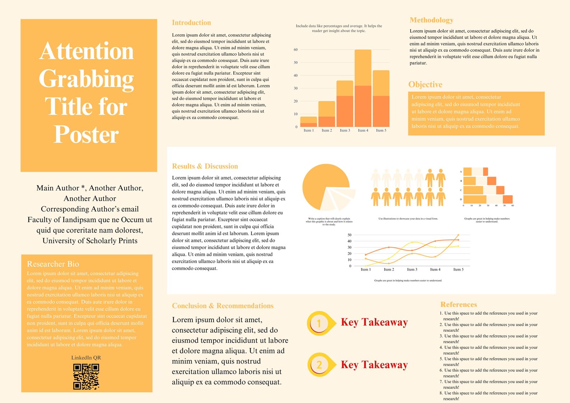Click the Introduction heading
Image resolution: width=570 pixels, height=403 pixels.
(191, 23)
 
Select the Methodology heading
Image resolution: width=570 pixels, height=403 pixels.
(431, 20)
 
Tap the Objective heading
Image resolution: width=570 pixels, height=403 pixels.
(425, 85)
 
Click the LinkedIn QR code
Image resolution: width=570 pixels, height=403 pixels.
(86, 376)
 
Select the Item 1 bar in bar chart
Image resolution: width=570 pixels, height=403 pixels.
(308, 122)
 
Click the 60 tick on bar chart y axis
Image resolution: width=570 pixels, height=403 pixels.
(296, 50)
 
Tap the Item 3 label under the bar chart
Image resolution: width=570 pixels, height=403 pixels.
(345, 131)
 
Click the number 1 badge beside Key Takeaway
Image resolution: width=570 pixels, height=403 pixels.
(319, 323)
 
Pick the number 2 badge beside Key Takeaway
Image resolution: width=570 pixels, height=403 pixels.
(319, 365)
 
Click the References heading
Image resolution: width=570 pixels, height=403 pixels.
(458, 305)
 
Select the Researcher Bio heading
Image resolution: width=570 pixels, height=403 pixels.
(53, 264)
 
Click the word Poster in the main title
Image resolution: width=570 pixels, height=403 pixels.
(86, 135)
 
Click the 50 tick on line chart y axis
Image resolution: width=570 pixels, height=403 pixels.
(349, 235)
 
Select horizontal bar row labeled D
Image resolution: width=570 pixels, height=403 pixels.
(487, 200)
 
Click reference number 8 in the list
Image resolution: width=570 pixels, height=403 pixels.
(441, 393)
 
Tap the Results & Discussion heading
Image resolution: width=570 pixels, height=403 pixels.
(205, 167)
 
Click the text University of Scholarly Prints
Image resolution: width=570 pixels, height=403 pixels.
(90, 241)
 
